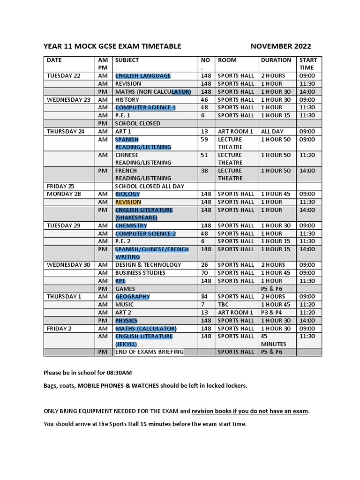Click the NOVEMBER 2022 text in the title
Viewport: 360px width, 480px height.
280,46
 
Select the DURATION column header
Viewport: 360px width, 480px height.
276,60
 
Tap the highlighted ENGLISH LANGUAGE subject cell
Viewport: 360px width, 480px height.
143,76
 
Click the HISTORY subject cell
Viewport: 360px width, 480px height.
127,100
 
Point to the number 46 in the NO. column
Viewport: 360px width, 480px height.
204,100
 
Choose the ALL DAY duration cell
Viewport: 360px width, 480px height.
272,132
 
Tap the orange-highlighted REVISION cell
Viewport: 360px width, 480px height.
128,202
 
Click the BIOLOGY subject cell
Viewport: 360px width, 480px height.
127,194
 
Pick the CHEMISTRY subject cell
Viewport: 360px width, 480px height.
131,226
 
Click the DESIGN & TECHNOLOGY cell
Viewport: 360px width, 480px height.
148,265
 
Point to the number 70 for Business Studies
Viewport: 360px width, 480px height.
204,273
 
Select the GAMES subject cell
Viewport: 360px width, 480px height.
125,289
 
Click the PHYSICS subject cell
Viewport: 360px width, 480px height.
126,321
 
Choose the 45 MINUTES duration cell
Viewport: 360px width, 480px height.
273,340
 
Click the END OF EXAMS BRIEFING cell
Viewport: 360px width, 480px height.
149,352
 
